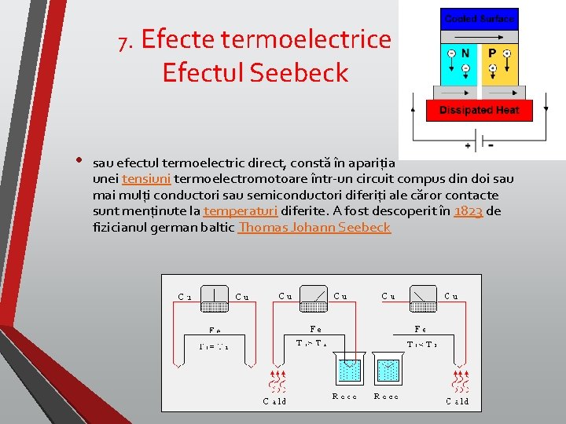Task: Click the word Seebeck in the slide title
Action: tap(299, 72)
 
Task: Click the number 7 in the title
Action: tap(123, 41)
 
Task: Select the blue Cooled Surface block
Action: tap(480, 19)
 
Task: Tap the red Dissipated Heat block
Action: tap(480, 110)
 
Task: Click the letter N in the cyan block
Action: tap(465, 53)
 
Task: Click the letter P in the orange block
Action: tap(493, 53)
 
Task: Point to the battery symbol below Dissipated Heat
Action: tap(479, 145)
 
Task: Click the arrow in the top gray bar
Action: tap(480, 36)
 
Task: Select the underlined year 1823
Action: tap(469, 211)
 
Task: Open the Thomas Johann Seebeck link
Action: tap(314, 227)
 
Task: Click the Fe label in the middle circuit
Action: tap(315, 329)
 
